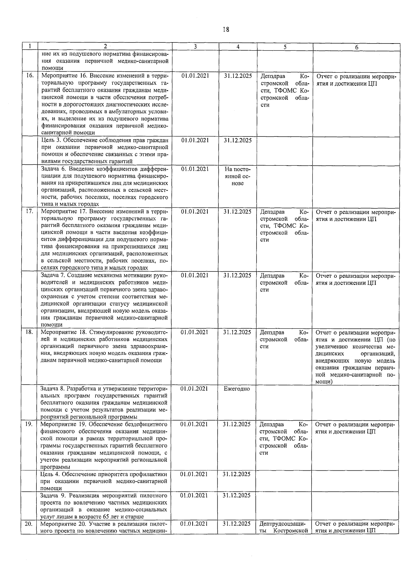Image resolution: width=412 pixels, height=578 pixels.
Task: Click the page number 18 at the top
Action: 226,29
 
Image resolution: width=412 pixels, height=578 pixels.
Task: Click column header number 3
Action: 195,47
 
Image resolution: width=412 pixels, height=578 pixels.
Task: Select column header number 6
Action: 356,48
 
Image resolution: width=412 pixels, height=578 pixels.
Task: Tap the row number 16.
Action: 30,76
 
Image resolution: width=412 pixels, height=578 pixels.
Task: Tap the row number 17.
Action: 29,211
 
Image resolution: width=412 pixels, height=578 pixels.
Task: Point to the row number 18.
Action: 29,332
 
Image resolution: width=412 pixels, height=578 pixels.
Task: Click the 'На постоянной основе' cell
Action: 238,176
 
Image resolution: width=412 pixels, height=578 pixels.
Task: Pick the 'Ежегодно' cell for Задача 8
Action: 237,389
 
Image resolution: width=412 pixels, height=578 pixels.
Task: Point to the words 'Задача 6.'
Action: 54,169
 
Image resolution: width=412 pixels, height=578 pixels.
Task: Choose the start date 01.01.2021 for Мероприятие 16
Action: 195,76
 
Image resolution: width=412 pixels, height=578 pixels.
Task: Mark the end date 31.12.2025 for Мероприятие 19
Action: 237,424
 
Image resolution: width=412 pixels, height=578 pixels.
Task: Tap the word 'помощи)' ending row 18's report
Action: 323,382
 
